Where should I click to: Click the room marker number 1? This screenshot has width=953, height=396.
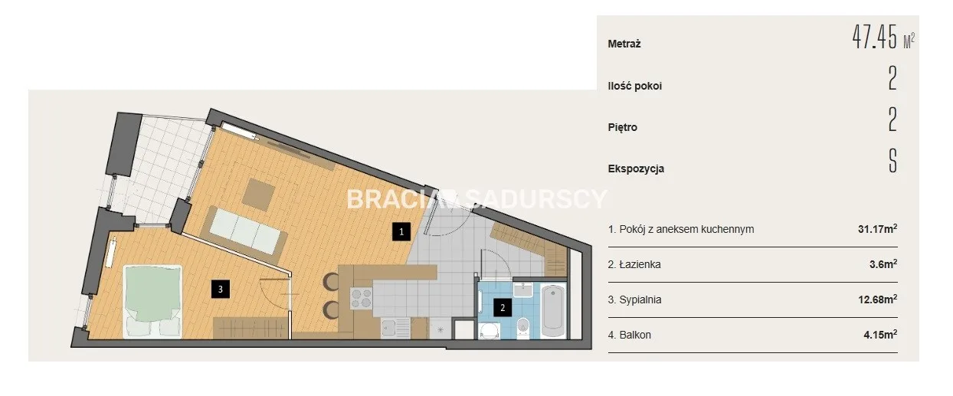[x=401, y=232]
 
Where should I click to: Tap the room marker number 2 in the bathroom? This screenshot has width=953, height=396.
[x=503, y=307]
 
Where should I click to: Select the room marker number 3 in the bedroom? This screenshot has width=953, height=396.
[x=221, y=290]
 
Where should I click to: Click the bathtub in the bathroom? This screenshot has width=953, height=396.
[x=553, y=311]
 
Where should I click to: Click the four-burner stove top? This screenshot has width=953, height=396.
[x=361, y=298]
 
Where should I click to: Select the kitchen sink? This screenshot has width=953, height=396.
[x=395, y=329]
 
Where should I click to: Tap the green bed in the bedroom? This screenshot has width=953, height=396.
[x=152, y=302]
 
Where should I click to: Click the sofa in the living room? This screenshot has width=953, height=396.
[x=245, y=231]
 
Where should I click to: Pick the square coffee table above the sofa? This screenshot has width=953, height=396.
[x=260, y=195]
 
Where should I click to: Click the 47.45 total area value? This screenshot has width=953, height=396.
[x=874, y=38]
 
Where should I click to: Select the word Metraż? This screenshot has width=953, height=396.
[x=624, y=44]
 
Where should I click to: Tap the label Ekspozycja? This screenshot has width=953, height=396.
[x=636, y=169]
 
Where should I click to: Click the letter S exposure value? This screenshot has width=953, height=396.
[x=892, y=161]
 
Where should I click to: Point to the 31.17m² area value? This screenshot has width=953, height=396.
[x=878, y=229]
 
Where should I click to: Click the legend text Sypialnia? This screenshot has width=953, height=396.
[x=640, y=299]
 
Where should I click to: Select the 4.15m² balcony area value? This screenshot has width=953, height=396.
[x=880, y=335]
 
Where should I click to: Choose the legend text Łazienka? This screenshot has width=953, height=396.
[x=640, y=264]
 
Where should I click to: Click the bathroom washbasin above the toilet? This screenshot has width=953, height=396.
[x=523, y=290]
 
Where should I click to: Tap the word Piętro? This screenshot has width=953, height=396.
[x=622, y=128]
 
